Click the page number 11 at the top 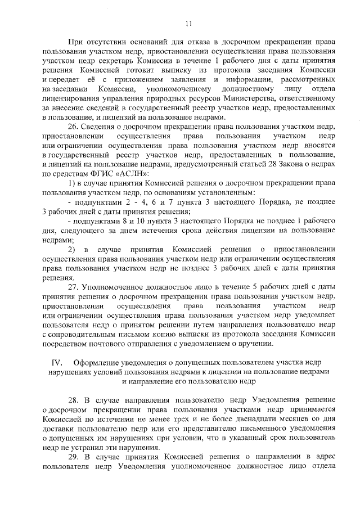click(x=188, y=23)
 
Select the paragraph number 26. click(x=73, y=127)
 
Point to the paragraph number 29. click(x=73, y=457)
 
